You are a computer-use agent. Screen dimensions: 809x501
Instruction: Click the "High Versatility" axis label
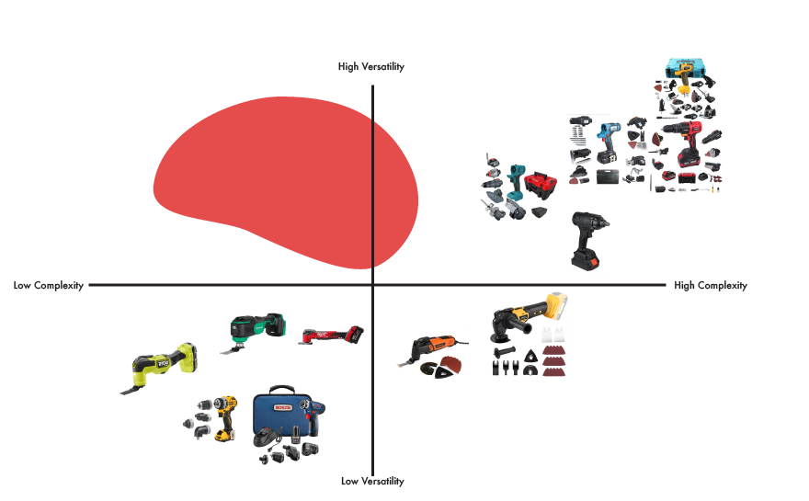pyautogui.click(x=371, y=66)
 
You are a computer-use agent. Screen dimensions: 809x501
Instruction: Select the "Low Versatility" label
pyautogui.click(x=372, y=481)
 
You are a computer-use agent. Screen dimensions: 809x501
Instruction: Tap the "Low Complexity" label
pyautogui.click(x=48, y=286)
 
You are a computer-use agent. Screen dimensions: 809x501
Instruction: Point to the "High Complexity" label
pyautogui.click(x=711, y=286)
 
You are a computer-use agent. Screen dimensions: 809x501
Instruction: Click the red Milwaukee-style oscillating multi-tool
pyautogui.click(x=331, y=336)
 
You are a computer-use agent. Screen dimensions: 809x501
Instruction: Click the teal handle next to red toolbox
pyautogui.click(x=516, y=184)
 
